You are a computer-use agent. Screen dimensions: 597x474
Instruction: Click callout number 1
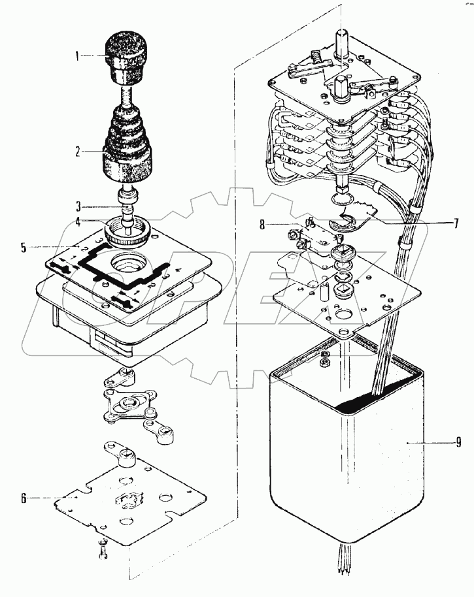(x=78, y=56)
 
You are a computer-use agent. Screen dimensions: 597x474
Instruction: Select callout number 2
(x=78, y=152)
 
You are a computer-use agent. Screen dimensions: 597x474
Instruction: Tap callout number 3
(x=78, y=204)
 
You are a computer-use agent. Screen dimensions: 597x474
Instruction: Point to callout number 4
(x=78, y=221)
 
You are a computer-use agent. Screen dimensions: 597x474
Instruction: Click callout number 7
(x=456, y=223)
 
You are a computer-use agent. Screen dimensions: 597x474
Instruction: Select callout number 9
(x=458, y=444)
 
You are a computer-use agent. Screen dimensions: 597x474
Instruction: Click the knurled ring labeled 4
(x=129, y=233)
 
